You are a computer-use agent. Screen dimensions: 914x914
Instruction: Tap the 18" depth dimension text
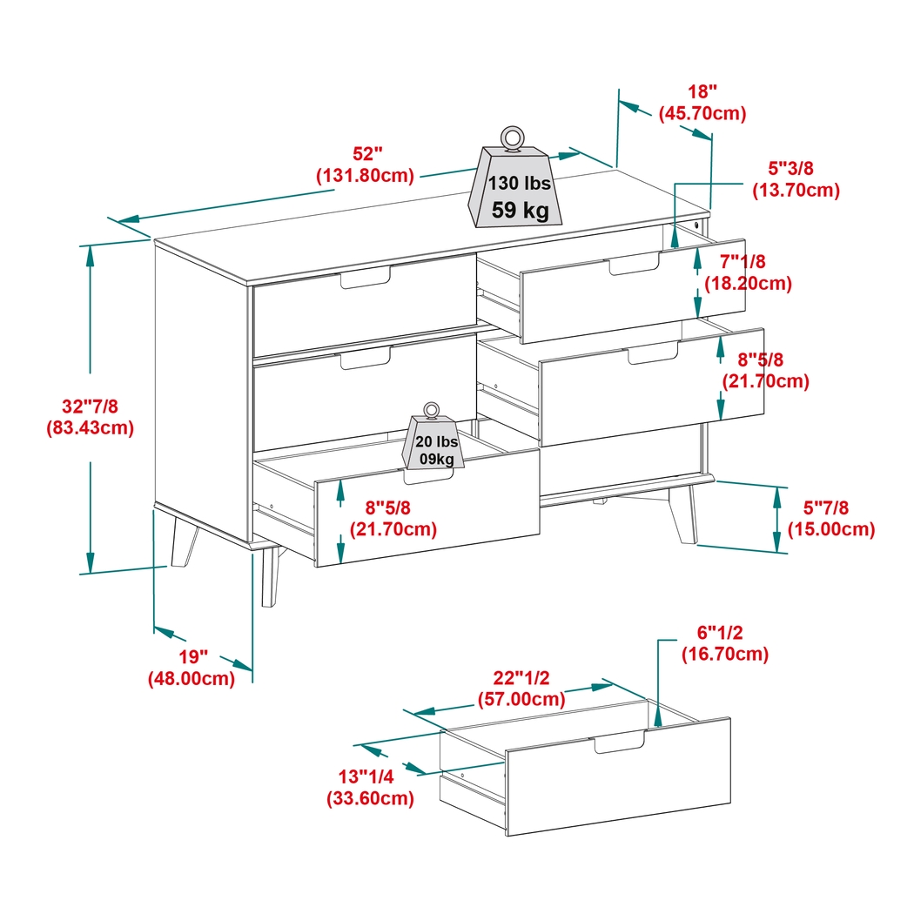click(702, 102)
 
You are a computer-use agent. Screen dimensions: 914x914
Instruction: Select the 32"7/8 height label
click(90, 416)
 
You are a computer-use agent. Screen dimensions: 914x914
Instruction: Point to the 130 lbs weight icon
click(517, 189)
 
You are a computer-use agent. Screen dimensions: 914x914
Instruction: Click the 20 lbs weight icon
click(433, 445)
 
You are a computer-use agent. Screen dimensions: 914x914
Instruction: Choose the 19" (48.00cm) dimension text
click(192, 668)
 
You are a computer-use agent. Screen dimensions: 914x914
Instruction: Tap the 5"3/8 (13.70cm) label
click(796, 179)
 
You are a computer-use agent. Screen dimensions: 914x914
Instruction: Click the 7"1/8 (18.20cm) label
click(749, 272)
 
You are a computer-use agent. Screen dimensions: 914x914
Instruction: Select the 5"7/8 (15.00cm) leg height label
click(830, 518)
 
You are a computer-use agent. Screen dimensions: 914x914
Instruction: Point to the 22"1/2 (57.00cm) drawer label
click(521, 689)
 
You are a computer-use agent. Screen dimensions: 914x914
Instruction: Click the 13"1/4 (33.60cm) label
click(370, 787)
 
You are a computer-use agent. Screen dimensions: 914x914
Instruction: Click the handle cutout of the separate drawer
click(620, 743)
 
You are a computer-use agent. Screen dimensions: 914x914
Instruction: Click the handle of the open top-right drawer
click(634, 265)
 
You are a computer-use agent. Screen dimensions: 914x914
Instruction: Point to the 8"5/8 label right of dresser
click(765, 370)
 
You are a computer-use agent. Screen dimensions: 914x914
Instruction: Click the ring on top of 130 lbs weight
click(512, 138)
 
